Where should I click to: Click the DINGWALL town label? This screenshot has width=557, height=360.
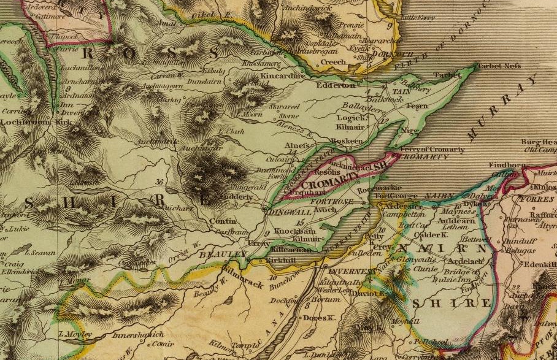click(284, 209)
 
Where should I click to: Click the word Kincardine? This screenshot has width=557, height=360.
click(283, 76)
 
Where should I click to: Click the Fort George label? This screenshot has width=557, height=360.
click(391, 196)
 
